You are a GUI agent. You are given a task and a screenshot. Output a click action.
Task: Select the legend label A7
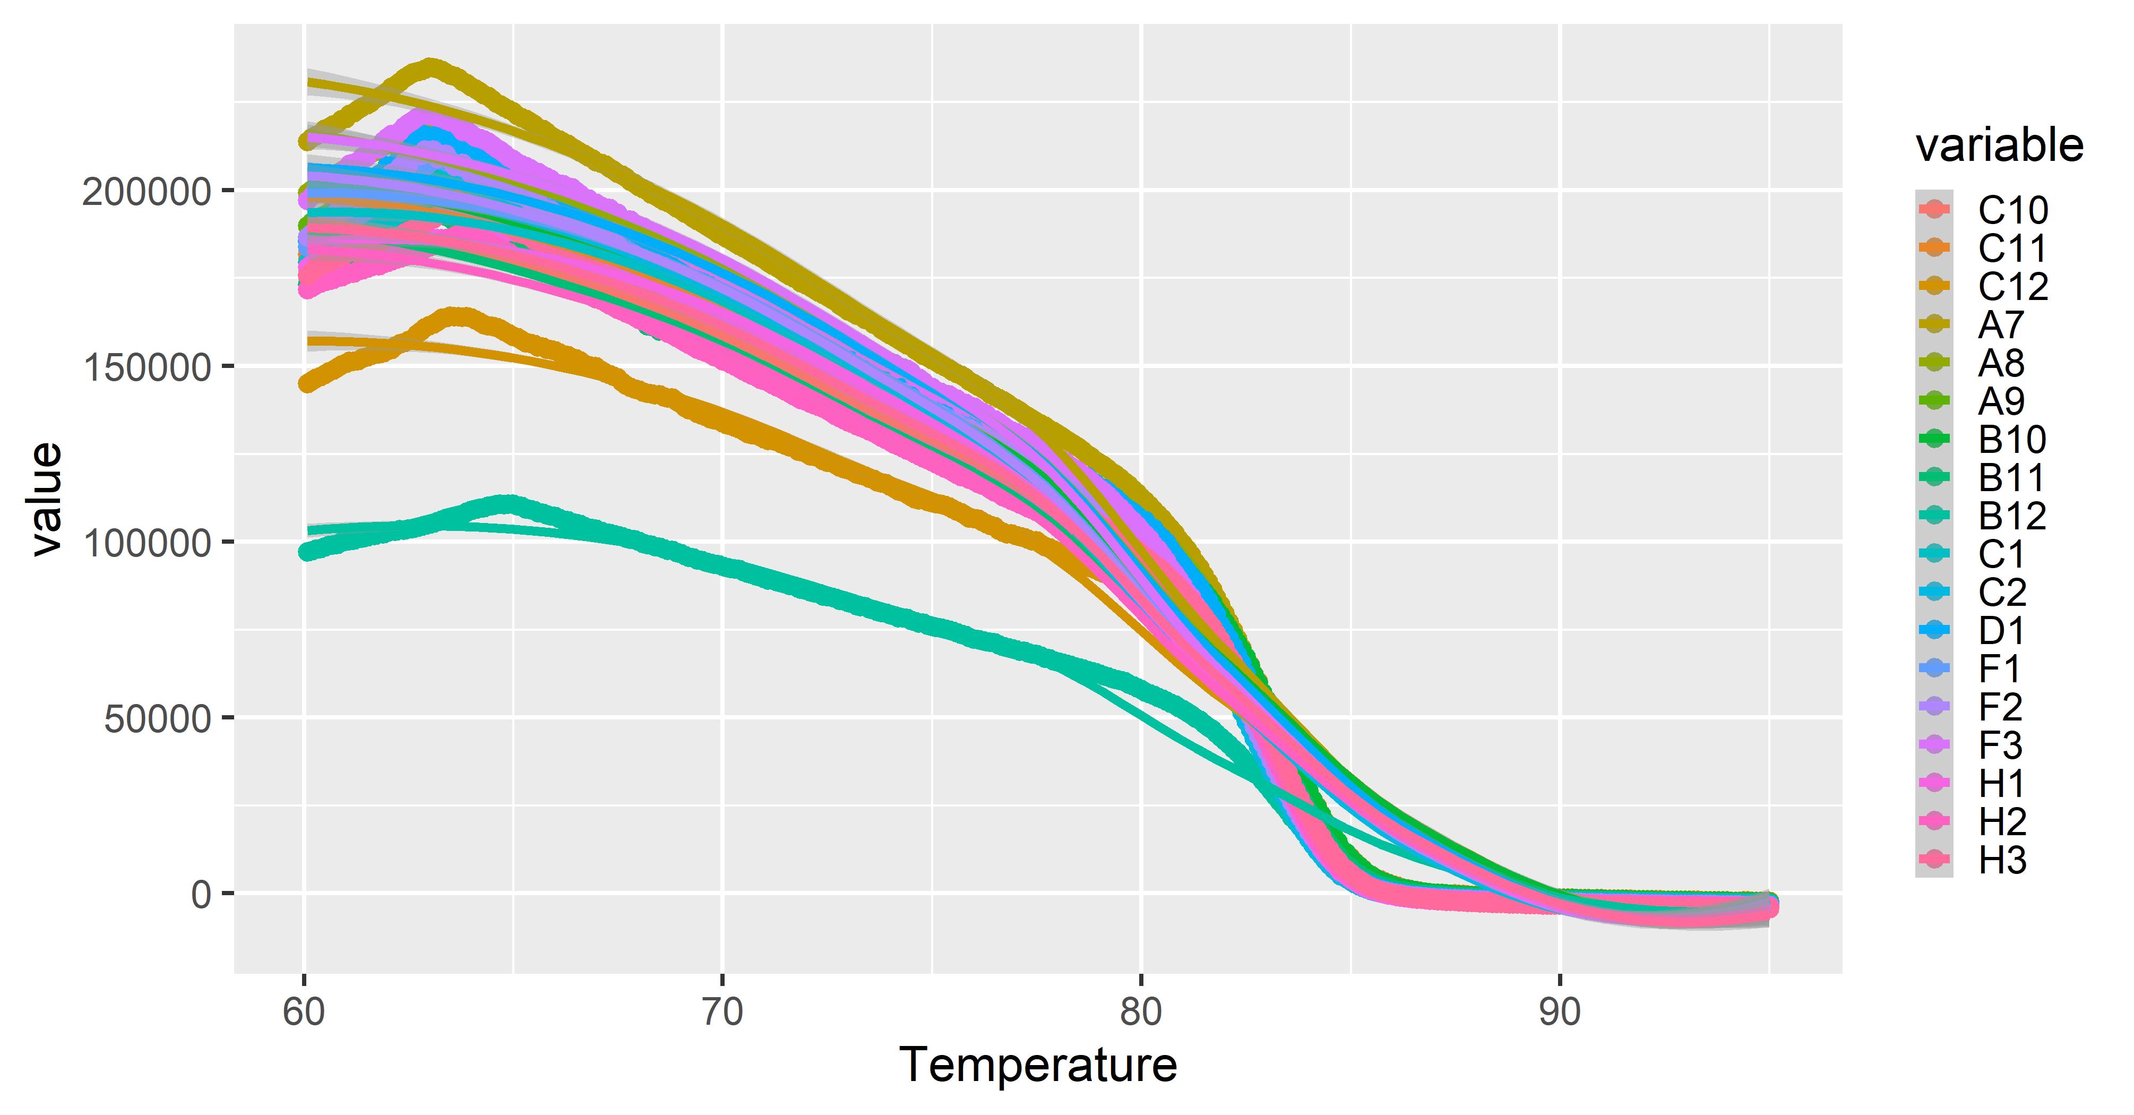2001,325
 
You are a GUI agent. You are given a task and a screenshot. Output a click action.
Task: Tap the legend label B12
2012,516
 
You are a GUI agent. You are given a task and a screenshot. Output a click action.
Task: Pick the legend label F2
2001,707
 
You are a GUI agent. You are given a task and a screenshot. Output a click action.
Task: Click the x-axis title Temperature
1037,1065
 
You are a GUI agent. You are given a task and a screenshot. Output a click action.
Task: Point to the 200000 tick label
146,191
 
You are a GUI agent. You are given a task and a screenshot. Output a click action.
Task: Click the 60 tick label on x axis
304,1013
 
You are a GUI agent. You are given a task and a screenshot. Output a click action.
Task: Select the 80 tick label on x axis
1141,1013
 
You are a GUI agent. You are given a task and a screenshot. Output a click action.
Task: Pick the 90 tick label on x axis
1560,1013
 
